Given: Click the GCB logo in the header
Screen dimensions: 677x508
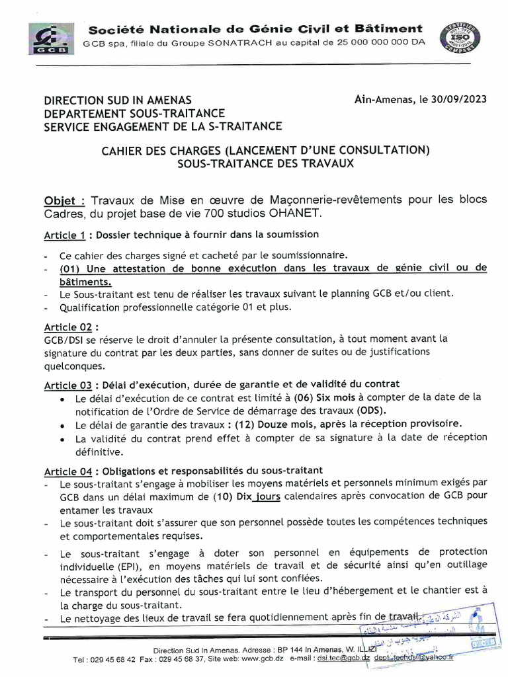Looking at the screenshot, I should tap(50, 39).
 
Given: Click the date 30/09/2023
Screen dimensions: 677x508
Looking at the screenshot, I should tap(458, 100).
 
